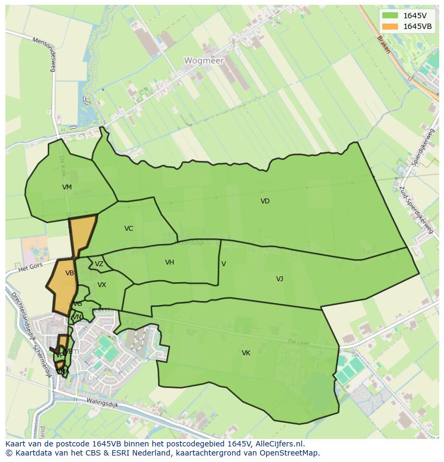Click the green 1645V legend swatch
[390, 16]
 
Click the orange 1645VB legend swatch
[390, 26]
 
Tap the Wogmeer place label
[203, 61]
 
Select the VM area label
[67, 187]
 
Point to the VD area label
[265, 201]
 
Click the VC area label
[129, 229]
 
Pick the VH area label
[169, 262]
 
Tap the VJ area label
[279, 279]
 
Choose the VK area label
[246, 353]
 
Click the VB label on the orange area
[70, 273]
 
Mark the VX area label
[102, 285]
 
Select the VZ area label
[99, 264]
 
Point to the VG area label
[78, 304]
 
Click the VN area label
[77, 317]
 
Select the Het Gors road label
[30, 266]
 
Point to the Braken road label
[383, 45]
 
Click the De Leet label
[299, 342]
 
